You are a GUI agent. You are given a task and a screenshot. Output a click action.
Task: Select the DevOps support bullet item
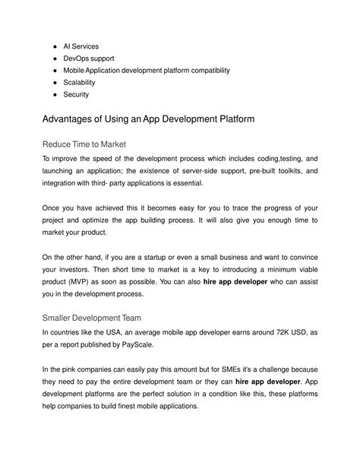tap(90, 59)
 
